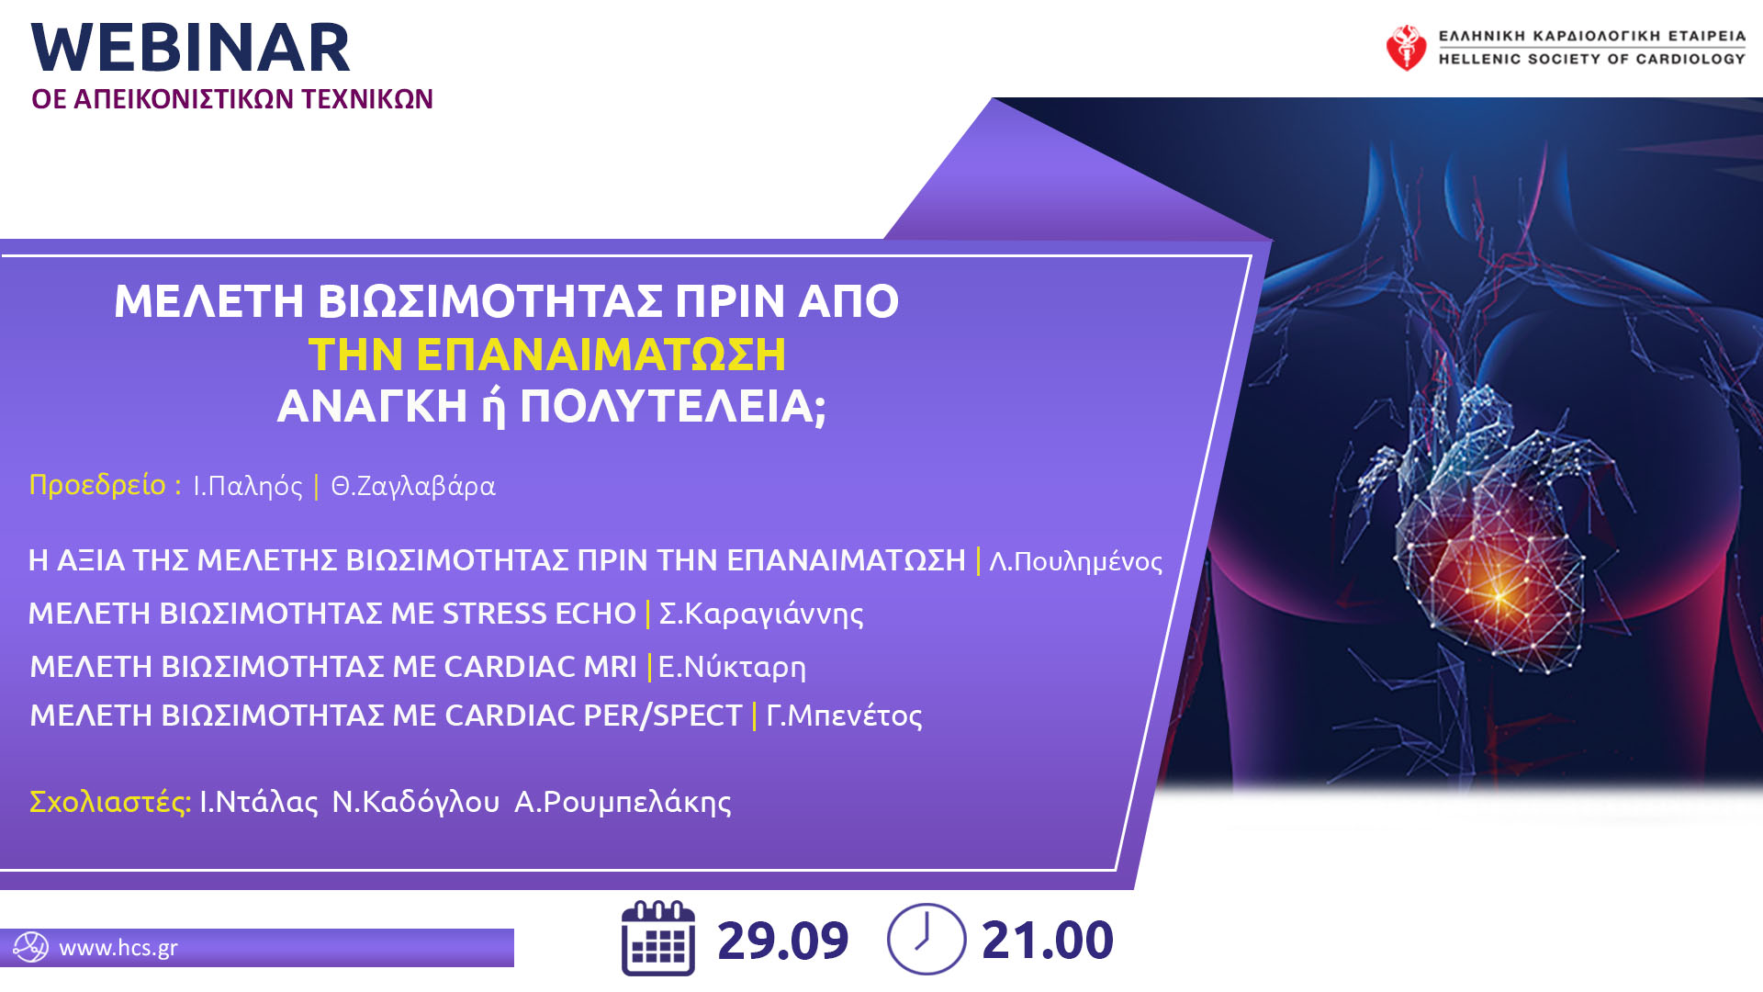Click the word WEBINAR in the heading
(x=191, y=49)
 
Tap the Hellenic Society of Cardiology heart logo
(x=1406, y=48)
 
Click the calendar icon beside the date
(x=658, y=939)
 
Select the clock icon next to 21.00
(x=926, y=939)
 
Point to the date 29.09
(x=782, y=941)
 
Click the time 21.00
(x=1048, y=941)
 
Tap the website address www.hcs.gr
(x=118, y=948)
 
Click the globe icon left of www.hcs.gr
(x=30, y=947)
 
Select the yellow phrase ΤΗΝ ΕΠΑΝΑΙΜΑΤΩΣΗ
(x=547, y=355)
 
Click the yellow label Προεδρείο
(x=98, y=485)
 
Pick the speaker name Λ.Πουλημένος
(x=1076, y=561)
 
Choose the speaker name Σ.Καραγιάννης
(x=761, y=614)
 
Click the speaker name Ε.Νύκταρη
(x=732, y=668)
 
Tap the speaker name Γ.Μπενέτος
(x=844, y=716)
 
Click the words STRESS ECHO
(x=539, y=614)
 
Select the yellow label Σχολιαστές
(x=110, y=802)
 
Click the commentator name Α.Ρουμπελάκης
(x=623, y=803)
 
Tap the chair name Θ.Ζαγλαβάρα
(x=413, y=486)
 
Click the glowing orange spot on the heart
(x=1499, y=597)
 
